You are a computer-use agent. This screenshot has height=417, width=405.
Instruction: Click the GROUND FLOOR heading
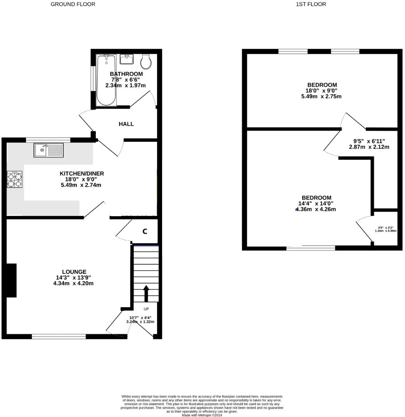coord(73,4)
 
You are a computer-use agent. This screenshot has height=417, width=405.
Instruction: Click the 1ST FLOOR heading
coord(311,4)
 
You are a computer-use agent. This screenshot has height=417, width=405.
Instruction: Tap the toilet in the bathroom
coord(146,61)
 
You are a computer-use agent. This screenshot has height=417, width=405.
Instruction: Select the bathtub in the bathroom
coord(106,80)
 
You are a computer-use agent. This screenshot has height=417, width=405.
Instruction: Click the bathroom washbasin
coord(126,59)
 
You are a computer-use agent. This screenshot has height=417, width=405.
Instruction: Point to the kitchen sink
coord(48,150)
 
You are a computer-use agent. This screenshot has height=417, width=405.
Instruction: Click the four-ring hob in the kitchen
coord(15,180)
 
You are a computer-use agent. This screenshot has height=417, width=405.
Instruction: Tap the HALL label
coord(126,124)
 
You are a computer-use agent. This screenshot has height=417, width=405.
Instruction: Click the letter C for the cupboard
coord(145,231)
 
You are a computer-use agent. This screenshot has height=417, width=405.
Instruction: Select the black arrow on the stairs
coord(146,293)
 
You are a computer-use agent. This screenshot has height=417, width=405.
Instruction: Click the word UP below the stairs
coord(146,309)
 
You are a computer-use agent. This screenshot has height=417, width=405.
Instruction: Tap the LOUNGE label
coord(74,272)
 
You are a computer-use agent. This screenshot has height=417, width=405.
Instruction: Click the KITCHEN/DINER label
coord(82,174)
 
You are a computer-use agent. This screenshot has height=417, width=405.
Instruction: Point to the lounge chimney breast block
coord(12,280)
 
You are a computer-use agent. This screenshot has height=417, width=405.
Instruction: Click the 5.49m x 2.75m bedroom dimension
coord(321,97)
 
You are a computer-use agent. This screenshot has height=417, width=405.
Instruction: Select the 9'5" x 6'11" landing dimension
coord(369,141)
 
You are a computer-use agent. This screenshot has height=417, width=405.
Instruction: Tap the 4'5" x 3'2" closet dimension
coord(386,228)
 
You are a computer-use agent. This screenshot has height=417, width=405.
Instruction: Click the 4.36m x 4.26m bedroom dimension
coord(316,209)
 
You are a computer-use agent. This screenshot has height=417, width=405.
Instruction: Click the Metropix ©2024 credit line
coord(202,415)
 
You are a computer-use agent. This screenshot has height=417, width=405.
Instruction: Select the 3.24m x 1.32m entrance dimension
coord(140,322)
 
